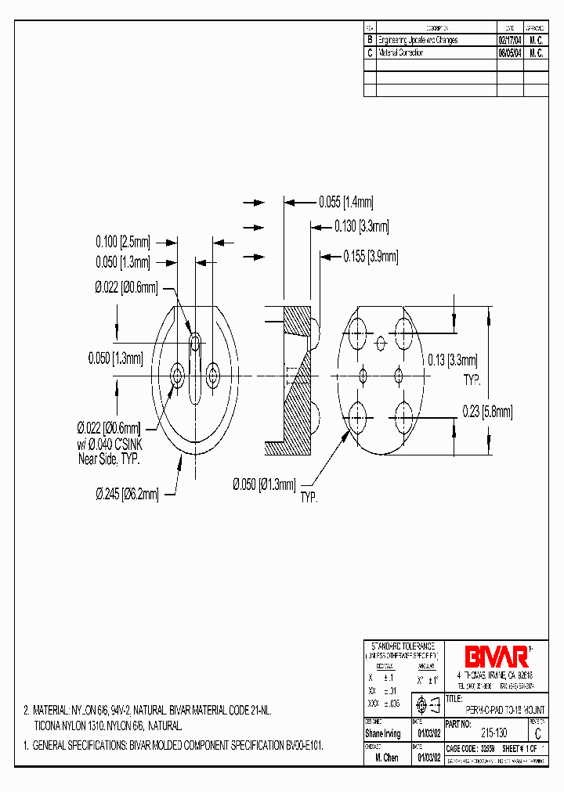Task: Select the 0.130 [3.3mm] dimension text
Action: point(361,227)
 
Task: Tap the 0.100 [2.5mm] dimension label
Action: point(123,241)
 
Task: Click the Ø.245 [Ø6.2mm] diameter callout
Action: point(127,494)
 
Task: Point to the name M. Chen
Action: point(385,758)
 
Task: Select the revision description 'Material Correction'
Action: point(401,53)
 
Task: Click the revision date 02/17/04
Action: point(510,40)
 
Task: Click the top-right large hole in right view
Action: point(405,328)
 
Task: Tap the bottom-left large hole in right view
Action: point(359,412)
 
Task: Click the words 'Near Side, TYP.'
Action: point(109,459)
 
